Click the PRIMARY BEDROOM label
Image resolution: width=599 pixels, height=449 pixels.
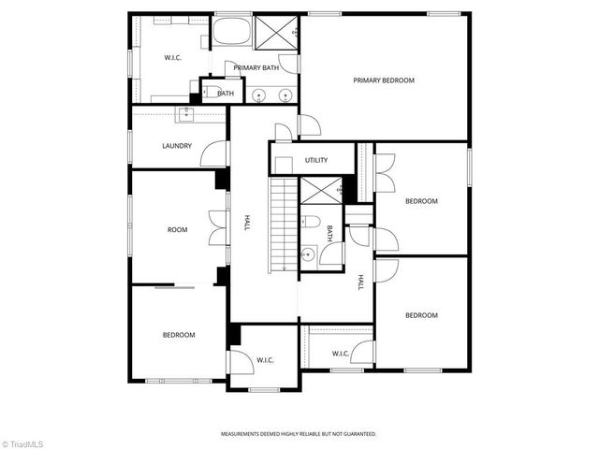click(x=383, y=80)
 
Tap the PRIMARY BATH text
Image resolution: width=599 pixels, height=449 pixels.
click(x=256, y=67)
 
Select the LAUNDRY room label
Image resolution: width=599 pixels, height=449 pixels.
click(x=177, y=145)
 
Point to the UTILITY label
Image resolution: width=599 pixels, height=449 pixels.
click(x=316, y=160)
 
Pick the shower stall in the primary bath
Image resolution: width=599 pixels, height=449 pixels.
click(x=278, y=34)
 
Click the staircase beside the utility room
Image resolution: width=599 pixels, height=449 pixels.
click(x=283, y=224)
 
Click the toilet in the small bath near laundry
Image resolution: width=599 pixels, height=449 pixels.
click(x=208, y=93)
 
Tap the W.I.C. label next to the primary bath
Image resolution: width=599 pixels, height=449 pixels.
click(x=172, y=58)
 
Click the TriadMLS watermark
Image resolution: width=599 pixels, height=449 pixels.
click(x=22, y=442)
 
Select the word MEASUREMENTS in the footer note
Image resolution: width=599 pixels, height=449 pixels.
click(x=242, y=434)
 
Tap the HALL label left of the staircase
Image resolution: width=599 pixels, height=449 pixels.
click(x=247, y=224)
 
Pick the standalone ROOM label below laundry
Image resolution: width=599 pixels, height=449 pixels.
click(x=177, y=229)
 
